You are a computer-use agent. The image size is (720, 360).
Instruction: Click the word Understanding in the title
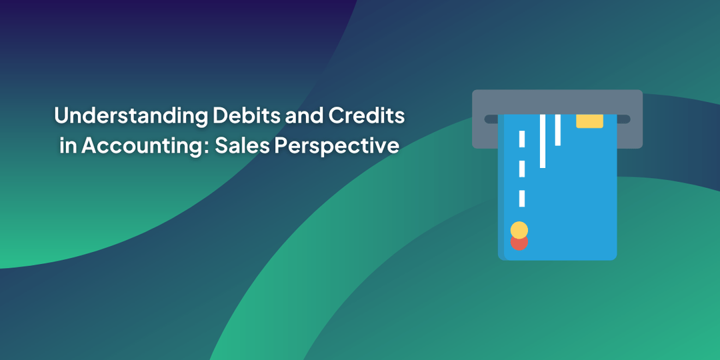(x=131, y=116)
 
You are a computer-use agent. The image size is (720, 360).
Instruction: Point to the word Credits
(x=367, y=115)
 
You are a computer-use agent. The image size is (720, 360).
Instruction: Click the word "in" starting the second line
(x=68, y=145)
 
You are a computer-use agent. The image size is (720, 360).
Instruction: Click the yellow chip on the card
(x=589, y=121)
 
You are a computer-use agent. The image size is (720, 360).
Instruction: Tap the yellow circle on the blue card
(x=519, y=230)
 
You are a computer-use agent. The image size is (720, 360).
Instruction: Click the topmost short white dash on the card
(x=522, y=139)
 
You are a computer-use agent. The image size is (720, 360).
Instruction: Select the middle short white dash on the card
(x=522, y=169)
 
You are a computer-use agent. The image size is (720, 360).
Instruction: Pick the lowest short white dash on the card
(x=522, y=198)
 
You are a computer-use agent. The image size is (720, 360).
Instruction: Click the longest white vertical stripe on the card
(x=543, y=141)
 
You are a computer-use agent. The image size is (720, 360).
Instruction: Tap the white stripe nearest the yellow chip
(x=558, y=129)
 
